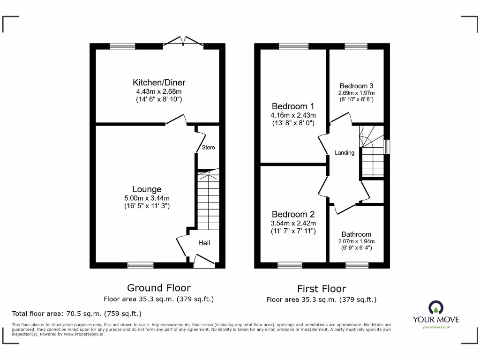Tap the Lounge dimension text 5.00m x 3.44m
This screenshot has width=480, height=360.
coord(147,198)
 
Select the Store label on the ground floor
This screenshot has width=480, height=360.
coord(208,148)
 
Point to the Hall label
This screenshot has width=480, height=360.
coord(204,243)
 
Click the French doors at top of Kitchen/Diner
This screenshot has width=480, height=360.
coord(186,43)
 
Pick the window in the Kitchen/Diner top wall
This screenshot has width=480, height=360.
coord(122,46)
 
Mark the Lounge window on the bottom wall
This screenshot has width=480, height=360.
coord(140,265)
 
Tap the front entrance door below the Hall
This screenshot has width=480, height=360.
coord(204,262)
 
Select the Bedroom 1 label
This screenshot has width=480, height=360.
coord(293,106)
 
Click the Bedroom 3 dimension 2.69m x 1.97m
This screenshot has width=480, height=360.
coord(356,93)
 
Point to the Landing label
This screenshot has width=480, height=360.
coord(344,153)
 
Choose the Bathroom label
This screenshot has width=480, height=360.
coord(356,234)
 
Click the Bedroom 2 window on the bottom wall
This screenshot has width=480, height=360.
coord(290,265)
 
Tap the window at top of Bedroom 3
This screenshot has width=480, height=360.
coord(356,46)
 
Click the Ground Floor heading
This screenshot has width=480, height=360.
coord(159,288)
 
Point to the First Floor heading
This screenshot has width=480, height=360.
coord(321,289)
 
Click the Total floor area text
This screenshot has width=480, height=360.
coord(76,314)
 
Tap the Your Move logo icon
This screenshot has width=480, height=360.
coord(435,307)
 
